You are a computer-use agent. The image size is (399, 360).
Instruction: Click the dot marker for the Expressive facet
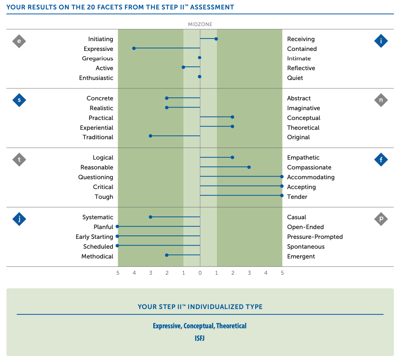(x=134, y=48)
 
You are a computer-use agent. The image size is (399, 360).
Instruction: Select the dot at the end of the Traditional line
(x=151, y=135)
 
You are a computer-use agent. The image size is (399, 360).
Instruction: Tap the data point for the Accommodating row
(x=282, y=176)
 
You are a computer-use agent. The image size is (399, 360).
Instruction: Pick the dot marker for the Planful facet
(x=117, y=226)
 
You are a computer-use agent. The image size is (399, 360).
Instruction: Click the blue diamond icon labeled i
(x=381, y=41)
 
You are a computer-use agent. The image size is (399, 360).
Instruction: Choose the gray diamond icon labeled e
(x=19, y=41)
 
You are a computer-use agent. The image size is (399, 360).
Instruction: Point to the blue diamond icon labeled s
(x=19, y=100)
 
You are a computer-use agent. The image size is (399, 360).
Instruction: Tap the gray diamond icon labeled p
(x=381, y=219)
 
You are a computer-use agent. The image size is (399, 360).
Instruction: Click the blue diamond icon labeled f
(x=381, y=160)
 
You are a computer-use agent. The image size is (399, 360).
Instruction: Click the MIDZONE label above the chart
(x=200, y=25)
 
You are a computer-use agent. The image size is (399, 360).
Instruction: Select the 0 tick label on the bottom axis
(x=200, y=273)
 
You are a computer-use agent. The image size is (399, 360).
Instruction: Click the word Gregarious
(x=97, y=58)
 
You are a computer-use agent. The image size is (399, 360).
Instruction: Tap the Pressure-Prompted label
(x=315, y=237)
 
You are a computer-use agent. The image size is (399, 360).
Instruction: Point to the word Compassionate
(x=309, y=168)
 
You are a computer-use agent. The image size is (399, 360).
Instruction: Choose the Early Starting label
(x=94, y=237)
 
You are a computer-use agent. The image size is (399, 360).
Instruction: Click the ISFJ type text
(x=200, y=338)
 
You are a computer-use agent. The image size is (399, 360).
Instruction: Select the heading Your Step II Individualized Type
(x=200, y=307)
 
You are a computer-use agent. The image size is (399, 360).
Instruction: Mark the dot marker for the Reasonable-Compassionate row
(x=249, y=167)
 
